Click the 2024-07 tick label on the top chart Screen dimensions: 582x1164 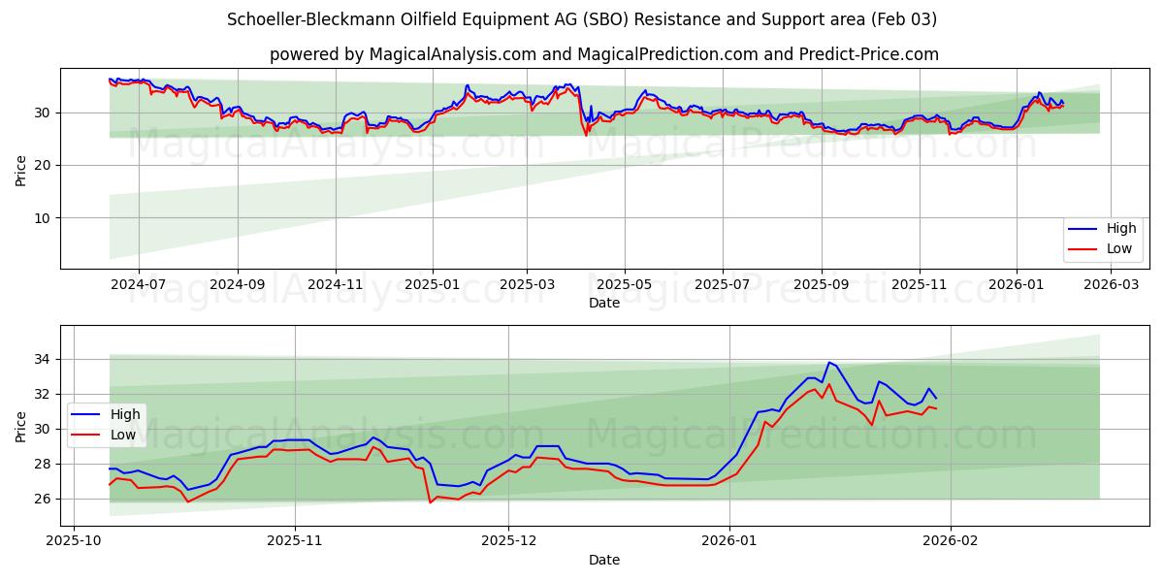pos(138,284)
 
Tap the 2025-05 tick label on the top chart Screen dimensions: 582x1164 pos(624,284)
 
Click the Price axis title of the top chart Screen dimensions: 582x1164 pos(20,171)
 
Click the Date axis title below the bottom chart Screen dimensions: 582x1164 pos(604,560)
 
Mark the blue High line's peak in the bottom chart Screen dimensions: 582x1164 pos(828,363)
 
